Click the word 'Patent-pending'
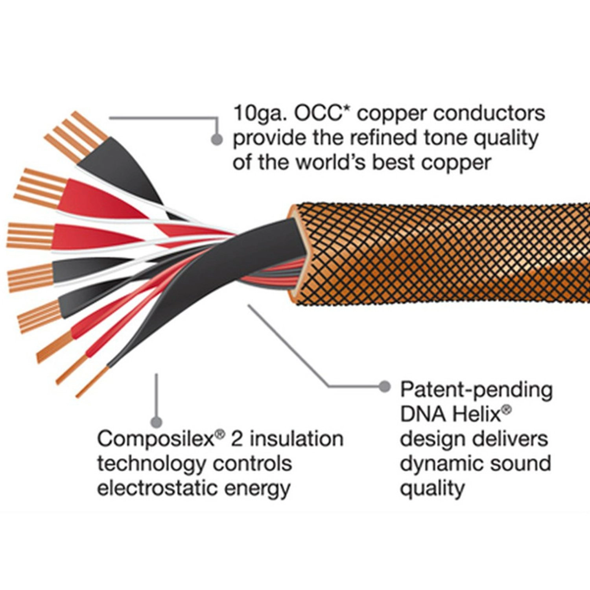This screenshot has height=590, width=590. coord(476,390)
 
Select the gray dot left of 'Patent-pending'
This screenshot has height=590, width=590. coord(384,387)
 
